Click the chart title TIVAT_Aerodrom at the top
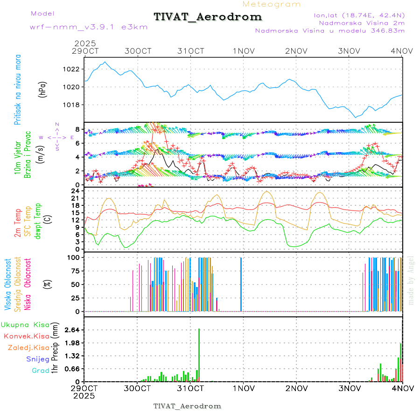point(208,17)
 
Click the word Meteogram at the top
point(272,4)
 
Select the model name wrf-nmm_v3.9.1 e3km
point(89,27)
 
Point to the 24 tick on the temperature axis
point(76,191)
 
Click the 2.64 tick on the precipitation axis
point(73,330)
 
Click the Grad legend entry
point(41,371)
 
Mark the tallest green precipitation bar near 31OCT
point(199,355)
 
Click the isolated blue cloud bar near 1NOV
point(241,284)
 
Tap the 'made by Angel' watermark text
point(411,280)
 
